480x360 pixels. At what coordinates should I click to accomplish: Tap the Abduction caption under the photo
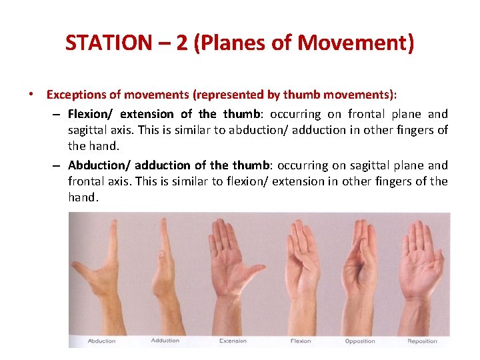coord(101,341)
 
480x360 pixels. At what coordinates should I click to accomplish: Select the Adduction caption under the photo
coord(165,341)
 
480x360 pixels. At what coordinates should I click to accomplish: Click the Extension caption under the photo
coord(233,341)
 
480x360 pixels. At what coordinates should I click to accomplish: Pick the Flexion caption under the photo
coord(300,341)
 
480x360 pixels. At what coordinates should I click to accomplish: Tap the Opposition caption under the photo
coord(361,341)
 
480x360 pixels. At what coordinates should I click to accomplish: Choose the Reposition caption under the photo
coord(423,341)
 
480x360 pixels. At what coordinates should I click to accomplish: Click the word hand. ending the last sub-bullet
coord(83,197)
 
